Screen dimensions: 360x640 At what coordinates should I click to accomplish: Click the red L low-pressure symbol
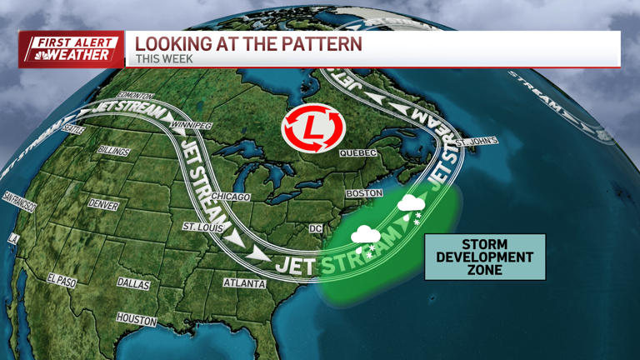coord(313,128)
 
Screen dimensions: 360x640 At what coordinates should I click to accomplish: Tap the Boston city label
coord(364,193)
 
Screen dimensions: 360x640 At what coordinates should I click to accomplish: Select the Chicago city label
coord(230,197)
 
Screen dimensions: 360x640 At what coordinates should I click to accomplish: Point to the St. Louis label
coord(202,227)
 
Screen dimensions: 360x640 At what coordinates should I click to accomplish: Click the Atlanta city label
coord(244,283)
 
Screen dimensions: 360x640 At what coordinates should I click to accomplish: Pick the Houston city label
coord(136,319)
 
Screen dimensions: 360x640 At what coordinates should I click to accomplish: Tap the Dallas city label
coord(133,283)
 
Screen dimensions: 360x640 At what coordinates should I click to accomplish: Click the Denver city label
coord(103,205)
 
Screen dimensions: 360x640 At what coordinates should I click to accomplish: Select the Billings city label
coord(113,152)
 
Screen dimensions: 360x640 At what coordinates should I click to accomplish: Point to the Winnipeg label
coord(191,126)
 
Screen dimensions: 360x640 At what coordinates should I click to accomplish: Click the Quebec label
coord(358,153)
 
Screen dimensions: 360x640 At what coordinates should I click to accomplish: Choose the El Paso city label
coord(62,281)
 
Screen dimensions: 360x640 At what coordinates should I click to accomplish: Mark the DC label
coord(315,228)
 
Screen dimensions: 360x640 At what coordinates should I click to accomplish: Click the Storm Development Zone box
coord(485,257)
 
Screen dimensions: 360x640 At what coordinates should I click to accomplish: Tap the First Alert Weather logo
coord(71,48)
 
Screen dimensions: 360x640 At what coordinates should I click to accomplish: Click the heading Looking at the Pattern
coord(248,43)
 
